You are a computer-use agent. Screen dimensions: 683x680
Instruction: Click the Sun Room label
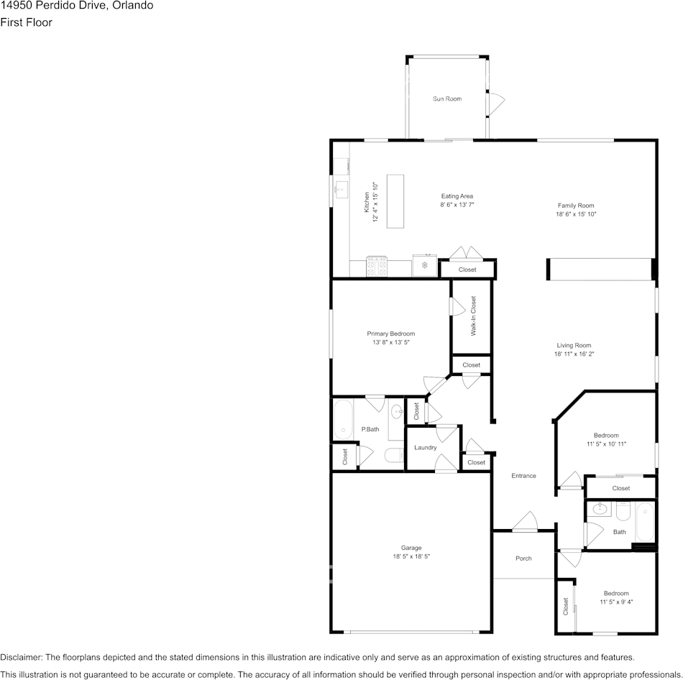tap(447, 99)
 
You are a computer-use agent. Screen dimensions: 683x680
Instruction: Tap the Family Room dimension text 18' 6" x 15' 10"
tap(576, 214)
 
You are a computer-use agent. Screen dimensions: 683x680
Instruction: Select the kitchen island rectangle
tap(395, 201)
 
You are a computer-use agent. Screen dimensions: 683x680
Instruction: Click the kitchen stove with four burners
tap(377, 266)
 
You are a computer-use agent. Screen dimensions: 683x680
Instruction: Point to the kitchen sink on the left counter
tap(341, 190)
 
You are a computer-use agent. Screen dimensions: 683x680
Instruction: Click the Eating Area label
tap(457, 196)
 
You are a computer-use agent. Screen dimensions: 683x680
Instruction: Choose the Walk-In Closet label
tap(474, 316)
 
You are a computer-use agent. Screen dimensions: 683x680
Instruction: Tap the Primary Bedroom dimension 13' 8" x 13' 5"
tap(390, 342)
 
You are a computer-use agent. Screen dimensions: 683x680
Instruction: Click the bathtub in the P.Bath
tap(343, 420)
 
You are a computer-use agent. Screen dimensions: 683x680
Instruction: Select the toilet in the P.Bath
tap(394, 456)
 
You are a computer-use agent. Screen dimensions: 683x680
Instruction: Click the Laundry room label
tap(425, 447)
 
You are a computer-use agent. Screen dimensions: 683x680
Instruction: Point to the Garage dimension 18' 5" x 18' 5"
tap(411, 556)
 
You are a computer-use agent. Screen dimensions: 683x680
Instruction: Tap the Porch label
tap(523, 559)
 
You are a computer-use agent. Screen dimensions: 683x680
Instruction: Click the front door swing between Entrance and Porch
tap(526, 521)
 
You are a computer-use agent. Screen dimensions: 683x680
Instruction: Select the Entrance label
tap(523, 476)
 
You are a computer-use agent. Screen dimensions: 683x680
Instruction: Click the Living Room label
tap(574, 346)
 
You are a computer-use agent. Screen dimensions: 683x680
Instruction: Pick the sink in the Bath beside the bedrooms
tap(600, 508)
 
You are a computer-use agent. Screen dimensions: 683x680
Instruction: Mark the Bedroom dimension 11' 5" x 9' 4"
tap(616, 602)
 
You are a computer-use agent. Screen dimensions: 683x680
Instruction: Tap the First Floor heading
tap(26, 22)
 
